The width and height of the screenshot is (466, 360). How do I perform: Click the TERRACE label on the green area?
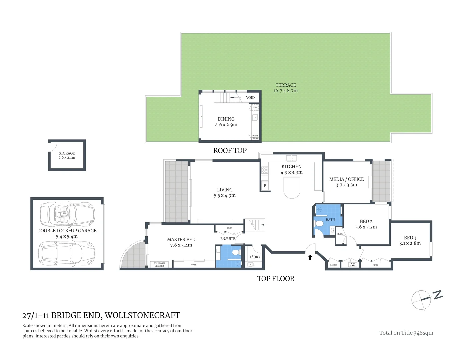pyautogui.click(x=286, y=85)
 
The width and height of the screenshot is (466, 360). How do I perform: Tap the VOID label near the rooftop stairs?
pyautogui.click(x=250, y=98)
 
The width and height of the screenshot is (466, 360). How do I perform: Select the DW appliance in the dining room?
pyautogui.click(x=255, y=108)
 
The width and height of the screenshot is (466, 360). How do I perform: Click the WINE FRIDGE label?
pyautogui.click(x=255, y=137)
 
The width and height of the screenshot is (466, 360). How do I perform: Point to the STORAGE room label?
pyautogui.click(x=67, y=153)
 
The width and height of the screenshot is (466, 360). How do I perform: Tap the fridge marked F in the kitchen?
pyautogui.click(x=265, y=186)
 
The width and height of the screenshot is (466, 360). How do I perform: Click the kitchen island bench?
pyautogui.click(x=292, y=187)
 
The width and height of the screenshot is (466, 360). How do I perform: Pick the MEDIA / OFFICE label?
pyautogui.click(x=346, y=179)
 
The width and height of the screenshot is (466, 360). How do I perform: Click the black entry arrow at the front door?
pyautogui.click(x=310, y=257)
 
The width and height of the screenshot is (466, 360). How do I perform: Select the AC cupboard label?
pyautogui.click(x=353, y=265)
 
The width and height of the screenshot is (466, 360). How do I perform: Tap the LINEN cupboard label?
pyautogui.click(x=333, y=265)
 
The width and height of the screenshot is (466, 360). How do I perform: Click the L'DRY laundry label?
pyautogui.click(x=255, y=257)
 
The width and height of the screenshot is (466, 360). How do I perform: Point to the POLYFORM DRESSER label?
pyautogui.click(x=159, y=265)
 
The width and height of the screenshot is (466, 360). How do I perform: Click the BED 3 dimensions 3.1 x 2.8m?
pyautogui.click(x=410, y=243)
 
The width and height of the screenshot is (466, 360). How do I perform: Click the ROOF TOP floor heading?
pyautogui.click(x=230, y=151)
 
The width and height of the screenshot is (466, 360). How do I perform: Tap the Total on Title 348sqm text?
pyautogui.click(x=406, y=333)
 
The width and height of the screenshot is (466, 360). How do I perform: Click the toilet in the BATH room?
pyautogui.click(x=319, y=224)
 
